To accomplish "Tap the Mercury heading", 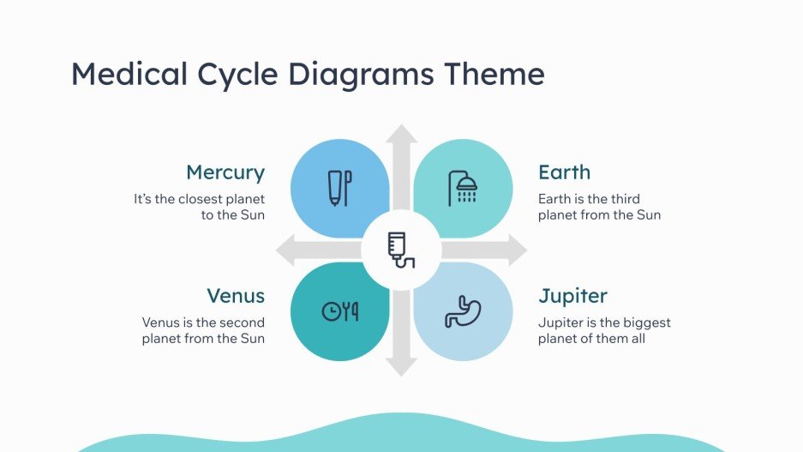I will (225, 172).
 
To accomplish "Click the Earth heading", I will (564, 172).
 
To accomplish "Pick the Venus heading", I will (236, 296).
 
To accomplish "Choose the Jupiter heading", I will (572, 296).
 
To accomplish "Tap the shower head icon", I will (463, 188).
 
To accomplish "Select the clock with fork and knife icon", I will (339, 311).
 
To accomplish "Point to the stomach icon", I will (463, 311).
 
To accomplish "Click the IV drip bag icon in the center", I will (400, 250).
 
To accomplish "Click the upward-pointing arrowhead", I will (400, 133).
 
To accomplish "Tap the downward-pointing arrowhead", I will (400, 367).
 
